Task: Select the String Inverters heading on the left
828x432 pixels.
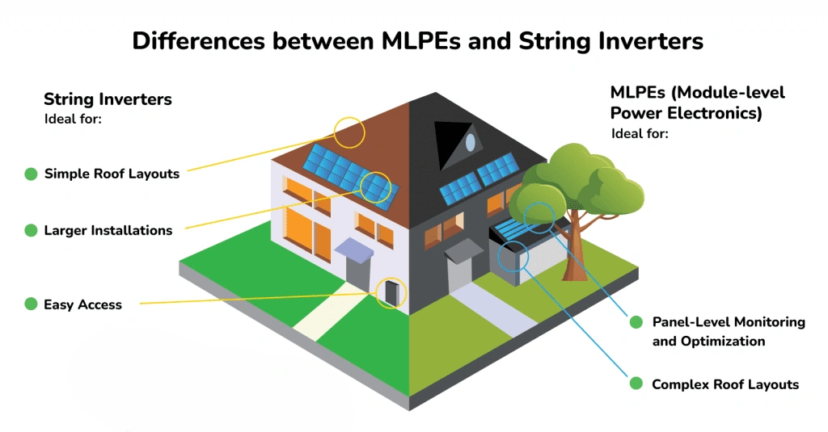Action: coord(108,99)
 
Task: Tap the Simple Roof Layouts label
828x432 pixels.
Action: coord(112,174)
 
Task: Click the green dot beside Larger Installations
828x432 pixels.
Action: coord(31,230)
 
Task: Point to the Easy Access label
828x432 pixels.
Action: coord(82,304)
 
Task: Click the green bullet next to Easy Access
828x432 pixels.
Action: coord(31,304)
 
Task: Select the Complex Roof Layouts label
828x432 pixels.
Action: coord(724,384)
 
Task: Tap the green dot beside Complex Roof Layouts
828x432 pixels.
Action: coord(636,384)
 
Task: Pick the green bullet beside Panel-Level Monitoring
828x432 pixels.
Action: coord(636,321)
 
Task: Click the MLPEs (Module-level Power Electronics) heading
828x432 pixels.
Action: coord(697,103)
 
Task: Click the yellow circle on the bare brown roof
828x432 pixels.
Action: coord(349,132)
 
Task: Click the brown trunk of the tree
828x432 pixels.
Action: coord(577,250)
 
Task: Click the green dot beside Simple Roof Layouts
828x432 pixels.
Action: coord(31,174)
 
